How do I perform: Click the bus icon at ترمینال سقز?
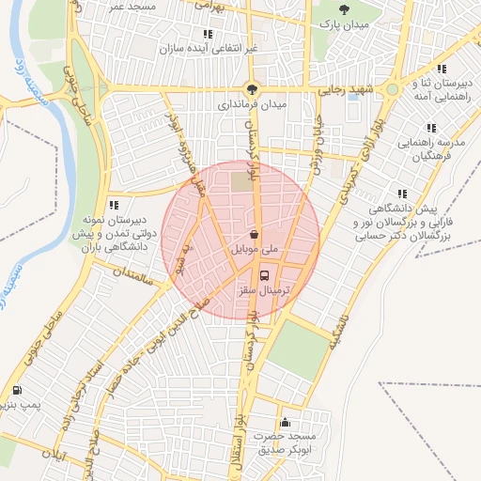pyautogui.click(x=264, y=277)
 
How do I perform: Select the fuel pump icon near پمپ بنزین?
pyautogui.click(x=18, y=390)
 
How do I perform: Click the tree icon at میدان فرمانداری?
pyautogui.click(x=251, y=89)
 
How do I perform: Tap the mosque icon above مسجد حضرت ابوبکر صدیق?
pyautogui.click(x=285, y=423)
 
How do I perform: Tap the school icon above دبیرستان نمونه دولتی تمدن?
pyautogui.click(x=113, y=204)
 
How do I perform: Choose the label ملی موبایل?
pyautogui.click(x=254, y=250)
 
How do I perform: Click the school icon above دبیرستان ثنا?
pyautogui.click(x=440, y=68)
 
